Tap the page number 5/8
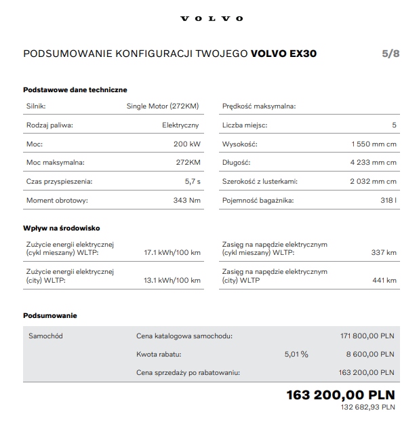(391, 54)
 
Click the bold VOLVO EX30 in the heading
(283, 54)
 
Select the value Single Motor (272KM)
(163, 106)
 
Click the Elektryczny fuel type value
(181, 125)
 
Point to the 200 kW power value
(186, 144)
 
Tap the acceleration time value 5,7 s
(192, 182)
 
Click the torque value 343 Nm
(186, 201)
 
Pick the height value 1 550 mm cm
(374, 144)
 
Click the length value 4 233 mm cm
(374, 163)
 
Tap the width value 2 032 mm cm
(374, 182)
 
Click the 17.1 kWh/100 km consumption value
(172, 253)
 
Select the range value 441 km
(384, 280)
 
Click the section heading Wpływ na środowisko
(62, 228)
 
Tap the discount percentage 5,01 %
(296, 354)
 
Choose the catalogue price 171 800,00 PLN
(367, 336)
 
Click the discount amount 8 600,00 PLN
(370, 354)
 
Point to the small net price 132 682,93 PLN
(367, 407)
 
